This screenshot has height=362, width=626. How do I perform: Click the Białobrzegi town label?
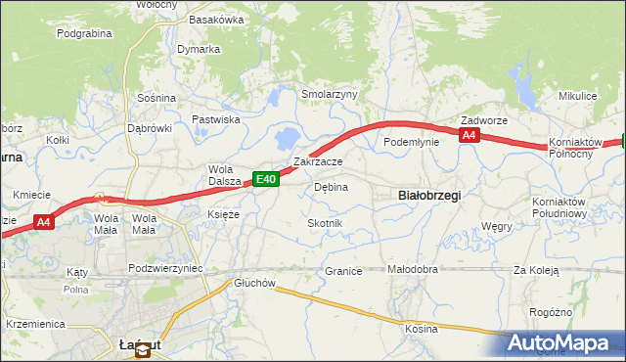pyautogui.click(x=430, y=195)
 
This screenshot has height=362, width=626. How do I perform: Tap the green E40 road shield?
pyautogui.click(x=266, y=179)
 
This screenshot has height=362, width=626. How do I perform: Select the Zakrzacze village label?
pyautogui.click(x=318, y=161)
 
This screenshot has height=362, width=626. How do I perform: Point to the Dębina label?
pyautogui.click(x=331, y=187)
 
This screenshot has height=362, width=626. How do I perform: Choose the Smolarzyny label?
pyautogui.click(x=330, y=95)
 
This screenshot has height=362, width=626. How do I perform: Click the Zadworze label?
pyautogui.click(x=484, y=120)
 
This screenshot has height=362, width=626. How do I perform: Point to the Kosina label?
pyautogui.click(x=422, y=329)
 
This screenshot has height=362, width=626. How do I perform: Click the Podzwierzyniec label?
pyautogui.click(x=164, y=267)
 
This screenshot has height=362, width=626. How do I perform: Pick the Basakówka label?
pyautogui.click(x=216, y=20)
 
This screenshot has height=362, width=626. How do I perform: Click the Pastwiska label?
pyautogui.click(x=216, y=119)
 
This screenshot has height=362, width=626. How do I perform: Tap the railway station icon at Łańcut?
pyautogui.click(x=143, y=351)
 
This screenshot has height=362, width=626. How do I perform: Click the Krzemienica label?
pyautogui.click(x=34, y=323)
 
